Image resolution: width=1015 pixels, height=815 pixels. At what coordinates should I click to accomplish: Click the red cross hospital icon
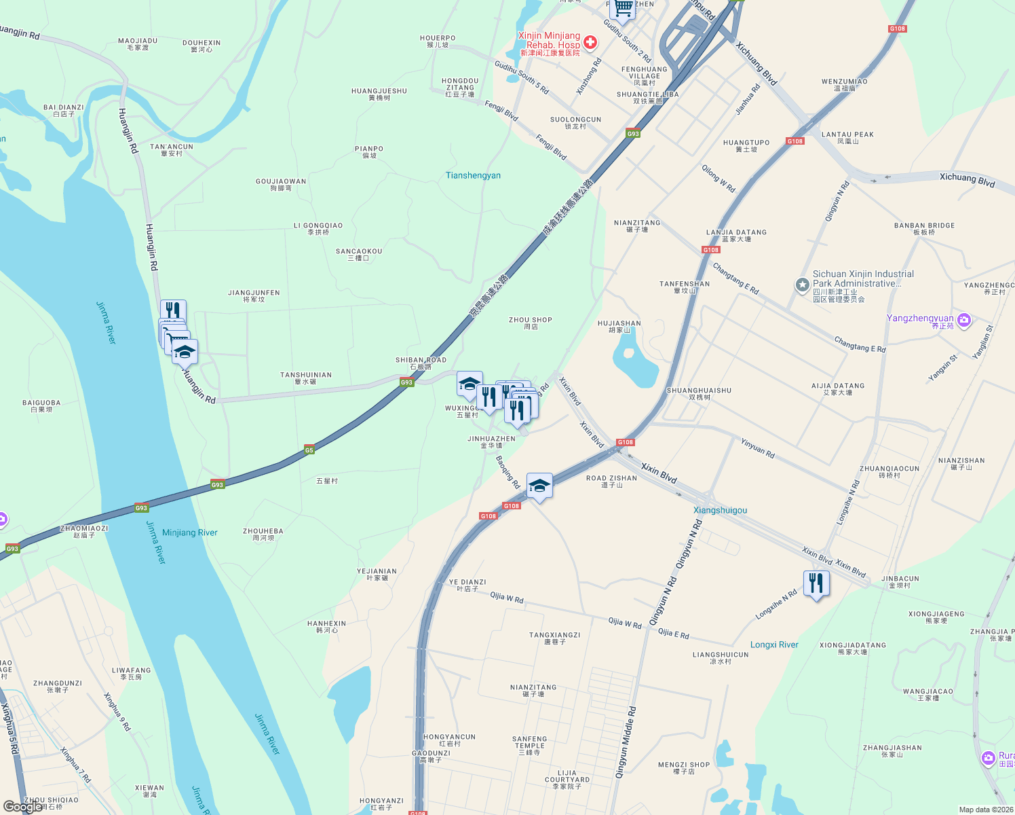(590, 43)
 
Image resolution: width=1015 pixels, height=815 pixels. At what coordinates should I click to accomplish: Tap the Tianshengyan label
(473, 175)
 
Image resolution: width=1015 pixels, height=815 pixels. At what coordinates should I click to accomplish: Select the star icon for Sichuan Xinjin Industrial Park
(803, 285)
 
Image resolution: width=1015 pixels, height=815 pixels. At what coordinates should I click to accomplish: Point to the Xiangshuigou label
(720, 510)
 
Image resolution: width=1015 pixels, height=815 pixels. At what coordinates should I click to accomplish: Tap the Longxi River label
(774, 645)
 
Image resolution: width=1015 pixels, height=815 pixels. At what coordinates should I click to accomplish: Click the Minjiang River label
(189, 532)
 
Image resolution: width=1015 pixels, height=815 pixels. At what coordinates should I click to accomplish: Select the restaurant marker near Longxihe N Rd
(816, 583)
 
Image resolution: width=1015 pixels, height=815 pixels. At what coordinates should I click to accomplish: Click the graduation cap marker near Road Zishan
(539, 486)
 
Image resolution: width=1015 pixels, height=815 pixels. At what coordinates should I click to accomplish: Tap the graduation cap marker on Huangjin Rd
(185, 351)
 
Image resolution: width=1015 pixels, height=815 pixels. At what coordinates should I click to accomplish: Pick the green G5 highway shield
(309, 450)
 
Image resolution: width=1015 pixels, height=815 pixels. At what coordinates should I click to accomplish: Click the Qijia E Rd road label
(673, 634)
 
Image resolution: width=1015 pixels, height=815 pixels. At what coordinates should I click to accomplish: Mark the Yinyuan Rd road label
(757, 448)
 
